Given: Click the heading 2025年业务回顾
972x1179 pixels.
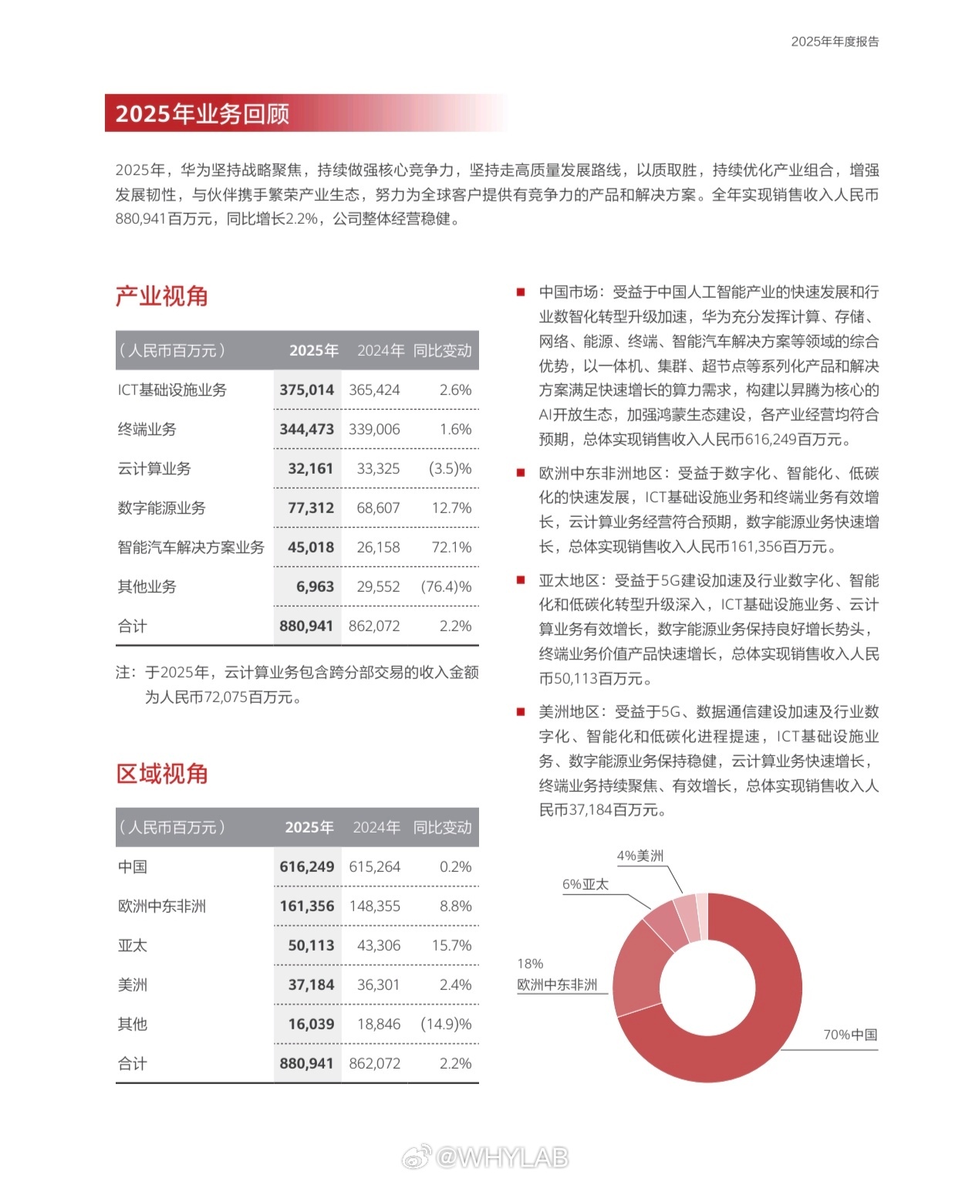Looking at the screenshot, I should click(x=202, y=113).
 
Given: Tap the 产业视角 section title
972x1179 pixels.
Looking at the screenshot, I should click(x=162, y=296).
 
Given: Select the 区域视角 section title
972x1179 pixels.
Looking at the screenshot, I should click(x=162, y=773).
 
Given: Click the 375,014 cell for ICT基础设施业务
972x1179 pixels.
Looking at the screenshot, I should click(x=306, y=390).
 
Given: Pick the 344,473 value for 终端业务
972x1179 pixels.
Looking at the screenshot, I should click(x=306, y=429).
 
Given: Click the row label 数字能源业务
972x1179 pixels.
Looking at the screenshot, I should click(x=161, y=508).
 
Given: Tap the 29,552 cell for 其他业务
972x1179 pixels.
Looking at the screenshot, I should click(x=378, y=586).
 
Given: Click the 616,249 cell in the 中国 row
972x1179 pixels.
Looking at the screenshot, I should click(x=306, y=867).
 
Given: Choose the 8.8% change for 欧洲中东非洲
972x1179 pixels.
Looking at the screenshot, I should click(x=455, y=906).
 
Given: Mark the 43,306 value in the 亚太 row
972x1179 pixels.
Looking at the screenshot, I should click(x=378, y=945).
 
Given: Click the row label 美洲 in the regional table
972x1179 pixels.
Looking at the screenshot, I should click(x=133, y=985).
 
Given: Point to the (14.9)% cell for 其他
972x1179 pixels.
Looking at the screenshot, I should click(x=446, y=1024).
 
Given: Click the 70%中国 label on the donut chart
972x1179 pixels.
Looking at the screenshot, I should click(x=850, y=1035).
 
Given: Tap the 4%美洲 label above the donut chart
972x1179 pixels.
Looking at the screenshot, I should click(x=640, y=856).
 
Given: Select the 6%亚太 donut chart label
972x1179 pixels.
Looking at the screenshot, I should click(x=585, y=884).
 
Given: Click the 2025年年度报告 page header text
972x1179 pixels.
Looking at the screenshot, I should click(x=835, y=42).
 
